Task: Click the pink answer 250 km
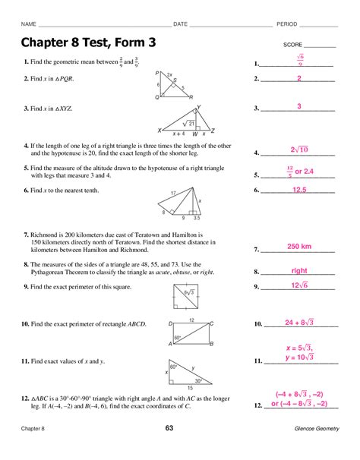(300, 247)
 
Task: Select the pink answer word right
(299, 270)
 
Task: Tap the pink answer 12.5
(299, 189)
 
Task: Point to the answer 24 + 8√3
(300, 323)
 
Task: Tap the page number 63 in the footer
(180, 430)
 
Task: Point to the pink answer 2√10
(300, 150)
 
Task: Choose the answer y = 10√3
(300, 357)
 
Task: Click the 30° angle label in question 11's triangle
(197, 380)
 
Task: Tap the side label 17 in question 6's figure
(174, 193)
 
